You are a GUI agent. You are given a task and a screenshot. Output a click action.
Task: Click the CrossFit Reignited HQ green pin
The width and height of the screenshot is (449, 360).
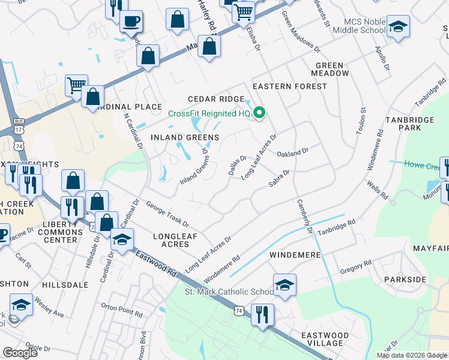point(260,112)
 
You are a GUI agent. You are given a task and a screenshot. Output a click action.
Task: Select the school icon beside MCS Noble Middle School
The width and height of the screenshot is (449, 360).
point(397,26)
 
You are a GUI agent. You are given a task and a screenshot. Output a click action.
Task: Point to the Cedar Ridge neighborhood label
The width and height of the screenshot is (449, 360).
point(216,99)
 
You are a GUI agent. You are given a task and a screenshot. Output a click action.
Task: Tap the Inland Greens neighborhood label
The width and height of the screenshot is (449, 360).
point(185,137)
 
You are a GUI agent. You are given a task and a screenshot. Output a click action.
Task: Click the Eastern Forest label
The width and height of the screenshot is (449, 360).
point(290,86)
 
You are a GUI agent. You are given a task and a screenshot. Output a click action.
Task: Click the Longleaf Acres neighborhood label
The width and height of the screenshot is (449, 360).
point(175,240)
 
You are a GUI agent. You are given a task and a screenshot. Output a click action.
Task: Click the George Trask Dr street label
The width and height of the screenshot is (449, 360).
point(167,214)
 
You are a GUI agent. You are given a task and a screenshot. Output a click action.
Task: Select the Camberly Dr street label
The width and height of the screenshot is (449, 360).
point(304,217)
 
